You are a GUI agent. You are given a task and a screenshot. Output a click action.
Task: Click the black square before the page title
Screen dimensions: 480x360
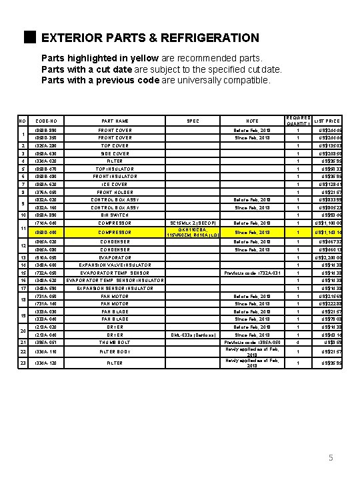point(28,37)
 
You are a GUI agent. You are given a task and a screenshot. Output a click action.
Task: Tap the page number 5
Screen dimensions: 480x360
point(330,458)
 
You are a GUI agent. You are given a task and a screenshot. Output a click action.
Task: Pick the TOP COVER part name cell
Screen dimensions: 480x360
point(115,145)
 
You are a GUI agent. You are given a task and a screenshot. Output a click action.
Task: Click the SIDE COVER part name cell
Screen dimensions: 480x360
point(115,153)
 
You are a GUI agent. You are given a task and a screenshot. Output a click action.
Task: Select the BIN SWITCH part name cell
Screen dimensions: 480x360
point(115,215)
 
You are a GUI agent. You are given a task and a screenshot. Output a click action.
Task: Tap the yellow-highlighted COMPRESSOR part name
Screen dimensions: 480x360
point(115,232)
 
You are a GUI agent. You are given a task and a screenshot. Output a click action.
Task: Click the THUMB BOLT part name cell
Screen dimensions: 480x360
point(115,342)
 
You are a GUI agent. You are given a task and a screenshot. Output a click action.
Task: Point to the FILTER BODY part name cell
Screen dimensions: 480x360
point(115,351)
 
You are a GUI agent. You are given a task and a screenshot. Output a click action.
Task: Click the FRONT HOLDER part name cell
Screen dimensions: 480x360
point(115,192)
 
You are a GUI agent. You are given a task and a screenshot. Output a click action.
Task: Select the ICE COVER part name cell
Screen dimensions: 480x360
point(115,184)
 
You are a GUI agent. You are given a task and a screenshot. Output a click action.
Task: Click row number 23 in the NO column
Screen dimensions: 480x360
point(23,363)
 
